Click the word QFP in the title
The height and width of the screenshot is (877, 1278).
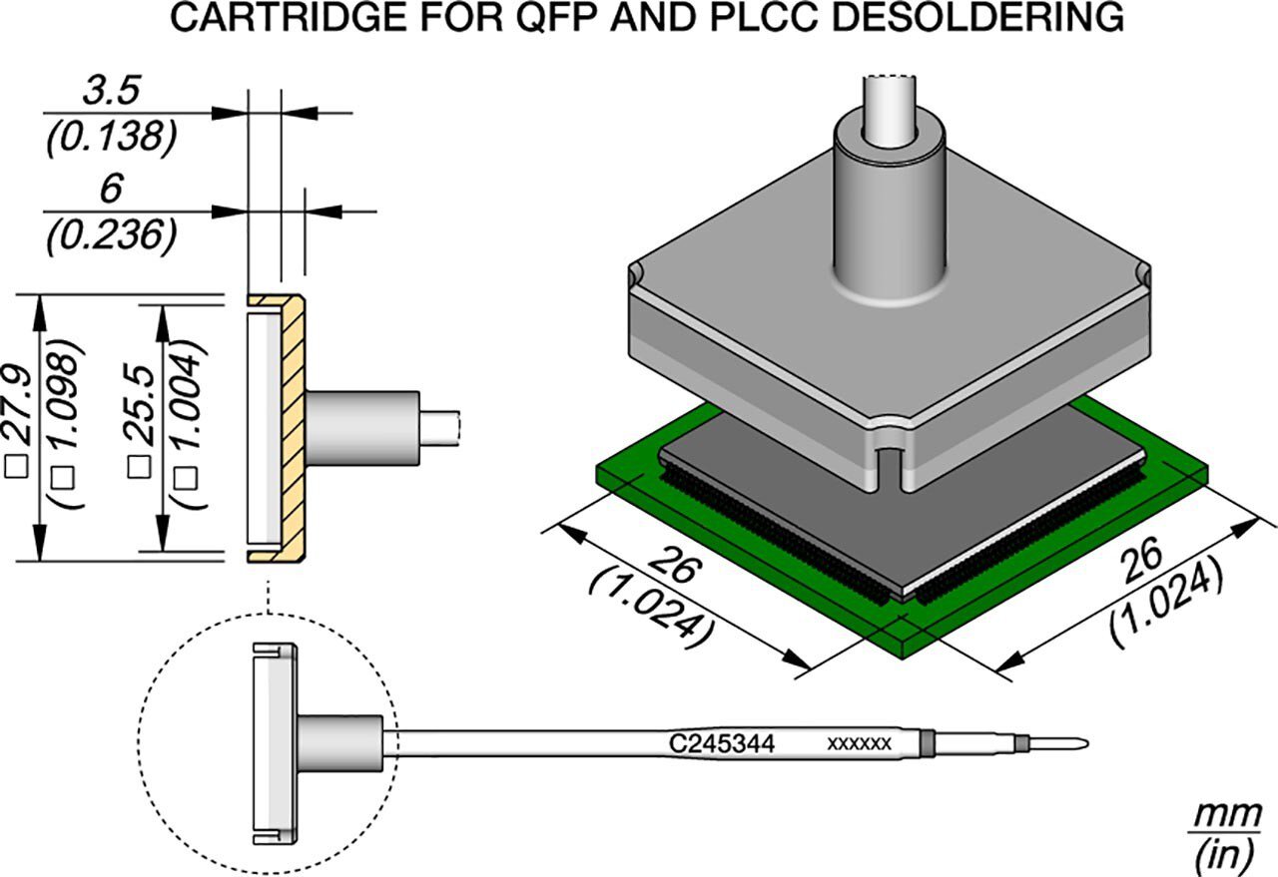tap(558, 18)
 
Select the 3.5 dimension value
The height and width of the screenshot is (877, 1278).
tap(111, 91)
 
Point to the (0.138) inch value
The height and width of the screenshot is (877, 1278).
tap(112, 138)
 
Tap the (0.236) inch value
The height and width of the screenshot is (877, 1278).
tap(112, 234)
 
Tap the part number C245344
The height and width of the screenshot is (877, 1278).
tap(722, 744)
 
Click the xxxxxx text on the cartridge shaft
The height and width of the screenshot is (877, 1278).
tap(860, 744)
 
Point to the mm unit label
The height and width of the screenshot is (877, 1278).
tap(1228, 815)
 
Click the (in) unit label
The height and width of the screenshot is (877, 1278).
tap(1225, 854)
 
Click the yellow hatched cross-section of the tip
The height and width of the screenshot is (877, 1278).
tap(293, 428)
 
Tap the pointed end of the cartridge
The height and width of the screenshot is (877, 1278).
tap(1087, 743)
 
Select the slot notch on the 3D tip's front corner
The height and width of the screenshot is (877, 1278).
tap(889, 467)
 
